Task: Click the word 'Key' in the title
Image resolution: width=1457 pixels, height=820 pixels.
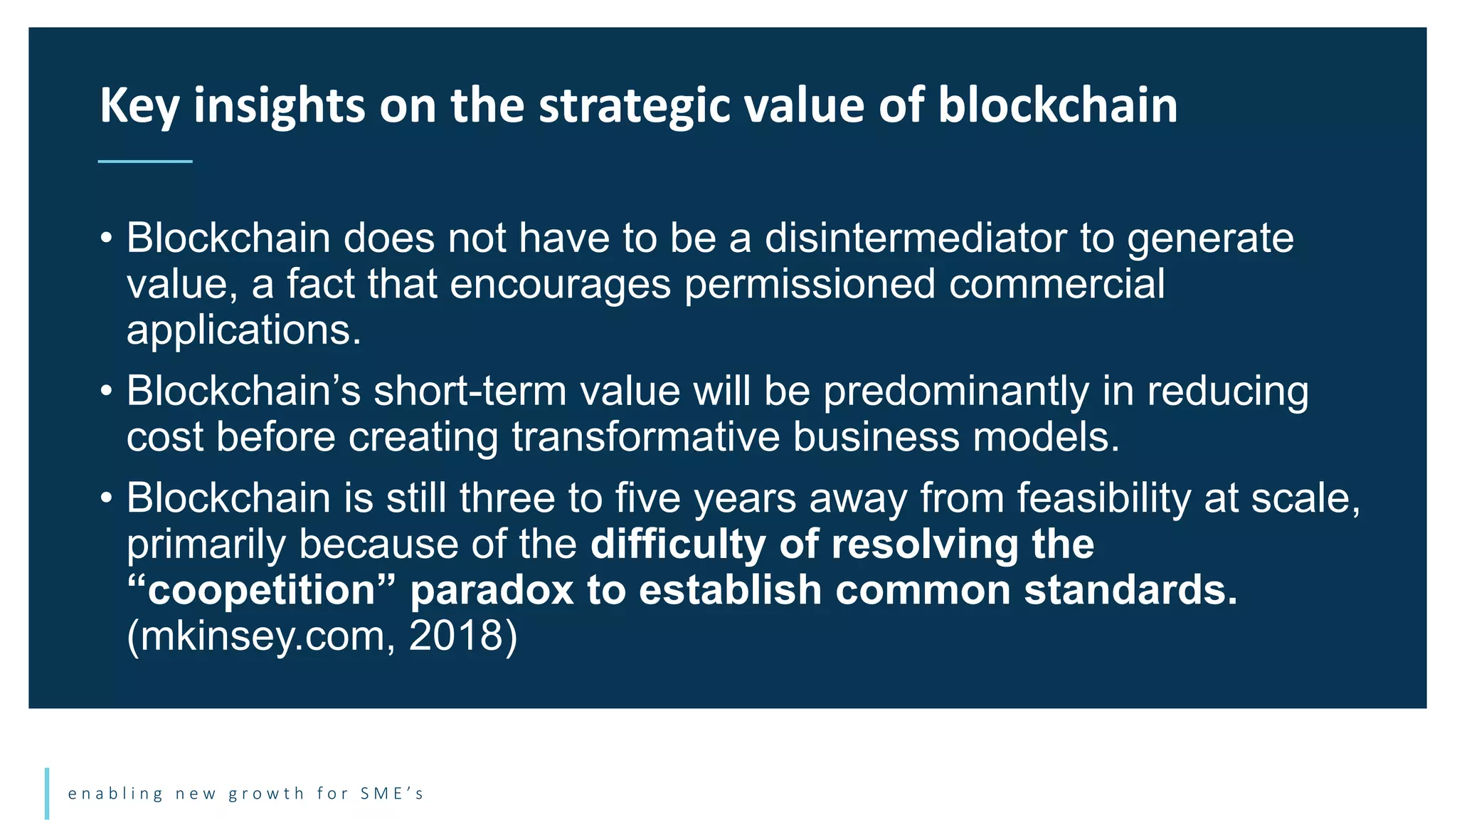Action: (x=139, y=107)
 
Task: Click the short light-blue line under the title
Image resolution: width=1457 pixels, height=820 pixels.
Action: (x=145, y=162)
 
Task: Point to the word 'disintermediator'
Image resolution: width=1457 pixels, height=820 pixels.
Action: (x=916, y=238)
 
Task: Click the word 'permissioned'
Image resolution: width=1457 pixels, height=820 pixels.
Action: (x=810, y=284)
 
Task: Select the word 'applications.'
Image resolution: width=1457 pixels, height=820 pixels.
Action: (x=244, y=330)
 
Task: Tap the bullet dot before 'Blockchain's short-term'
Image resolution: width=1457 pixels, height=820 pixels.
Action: (x=106, y=391)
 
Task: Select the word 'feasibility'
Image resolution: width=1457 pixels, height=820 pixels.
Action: (x=1103, y=498)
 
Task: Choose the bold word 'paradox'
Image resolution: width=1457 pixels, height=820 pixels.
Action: (x=492, y=590)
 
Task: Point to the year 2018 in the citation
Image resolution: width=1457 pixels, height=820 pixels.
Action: (x=456, y=636)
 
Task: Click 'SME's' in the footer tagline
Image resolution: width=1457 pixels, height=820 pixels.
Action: (x=391, y=794)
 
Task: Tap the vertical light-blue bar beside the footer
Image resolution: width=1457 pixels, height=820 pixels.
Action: (x=47, y=793)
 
